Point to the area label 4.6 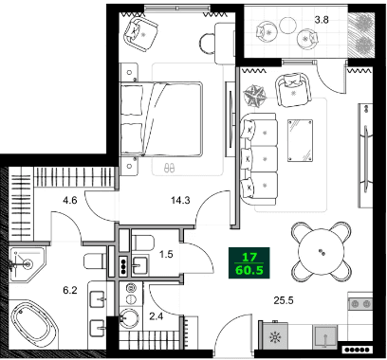(x=69, y=200)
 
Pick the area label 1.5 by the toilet (x=166, y=255)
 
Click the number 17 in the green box (x=250, y=256)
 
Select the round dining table (x=321, y=251)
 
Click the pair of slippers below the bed (x=170, y=166)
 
